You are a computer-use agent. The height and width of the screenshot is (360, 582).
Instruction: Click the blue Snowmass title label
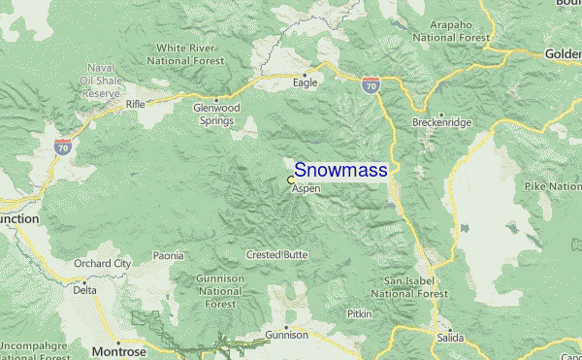(x=340, y=170)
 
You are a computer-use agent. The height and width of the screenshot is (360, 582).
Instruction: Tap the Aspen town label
(x=306, y=188)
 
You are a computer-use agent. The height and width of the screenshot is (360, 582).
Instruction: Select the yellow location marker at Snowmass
(x=291, y=180)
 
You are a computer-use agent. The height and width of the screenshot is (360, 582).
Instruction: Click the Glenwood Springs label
(x=213, y=115)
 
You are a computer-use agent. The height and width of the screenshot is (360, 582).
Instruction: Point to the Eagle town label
(x=306, y=83)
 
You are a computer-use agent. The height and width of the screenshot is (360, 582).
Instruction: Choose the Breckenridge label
(x=441, y=124)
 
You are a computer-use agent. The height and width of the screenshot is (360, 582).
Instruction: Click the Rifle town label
(x=135, y=102)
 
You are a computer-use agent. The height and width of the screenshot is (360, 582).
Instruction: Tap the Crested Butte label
(x=276, y=254)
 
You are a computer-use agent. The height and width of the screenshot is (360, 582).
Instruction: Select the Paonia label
(x=168, y=256)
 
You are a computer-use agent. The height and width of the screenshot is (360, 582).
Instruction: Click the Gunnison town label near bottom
(x=286, y=335)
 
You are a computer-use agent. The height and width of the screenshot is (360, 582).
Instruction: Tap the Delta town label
(x=85, y=289)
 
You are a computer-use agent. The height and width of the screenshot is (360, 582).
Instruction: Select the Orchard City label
(x=102, y=263)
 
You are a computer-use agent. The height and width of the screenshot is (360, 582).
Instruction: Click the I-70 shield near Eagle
(x=371, y=85)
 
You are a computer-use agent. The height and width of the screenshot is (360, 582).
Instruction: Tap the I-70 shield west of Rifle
(x=62, y=147)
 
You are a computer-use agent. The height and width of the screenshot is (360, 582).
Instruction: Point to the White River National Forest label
(x=191, y=52)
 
